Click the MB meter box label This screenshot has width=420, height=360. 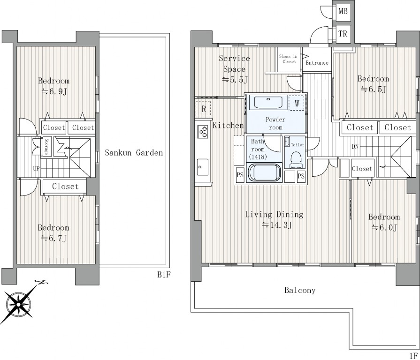pos(343,11)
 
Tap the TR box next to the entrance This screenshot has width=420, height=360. pos(343,34)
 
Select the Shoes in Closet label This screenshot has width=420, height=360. pos(288,59)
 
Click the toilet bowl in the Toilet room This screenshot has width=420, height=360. pos(296,159)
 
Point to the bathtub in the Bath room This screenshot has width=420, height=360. pos(265,172)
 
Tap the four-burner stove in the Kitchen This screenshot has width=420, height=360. pos(203,132)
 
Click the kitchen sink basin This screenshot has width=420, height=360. pos(203,167)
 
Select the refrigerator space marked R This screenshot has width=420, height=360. pos(204,109)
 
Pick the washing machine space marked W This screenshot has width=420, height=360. pos(297,103)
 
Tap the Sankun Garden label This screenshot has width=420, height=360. pos(134,153)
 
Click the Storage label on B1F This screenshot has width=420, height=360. pos(46,147)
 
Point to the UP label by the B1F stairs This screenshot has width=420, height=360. pos(36,168)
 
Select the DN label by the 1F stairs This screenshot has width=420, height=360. pos(355,147)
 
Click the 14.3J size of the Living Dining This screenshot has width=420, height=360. pos(277,225)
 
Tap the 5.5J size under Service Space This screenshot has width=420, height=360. pos(235,79)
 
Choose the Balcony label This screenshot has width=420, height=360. pos(300,290)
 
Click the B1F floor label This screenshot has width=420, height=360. pos(164,275)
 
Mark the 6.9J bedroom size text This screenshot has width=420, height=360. pos(54,91)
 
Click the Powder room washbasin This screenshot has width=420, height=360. pos(268,103)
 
